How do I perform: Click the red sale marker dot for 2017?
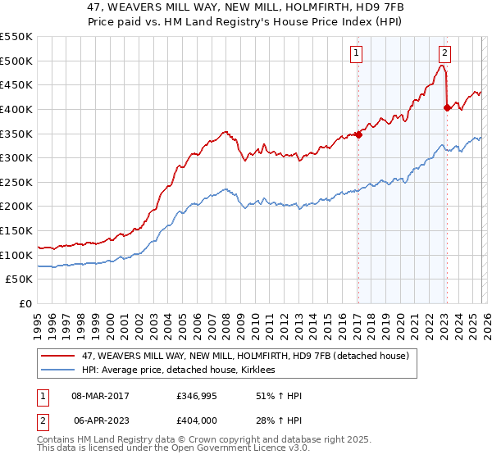coord(358,135)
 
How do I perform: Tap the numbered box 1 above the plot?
coord(358,54)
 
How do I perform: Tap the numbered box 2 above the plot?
coord(444,54)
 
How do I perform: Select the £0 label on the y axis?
coord(26,303)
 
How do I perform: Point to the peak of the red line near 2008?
coord(225,130)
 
